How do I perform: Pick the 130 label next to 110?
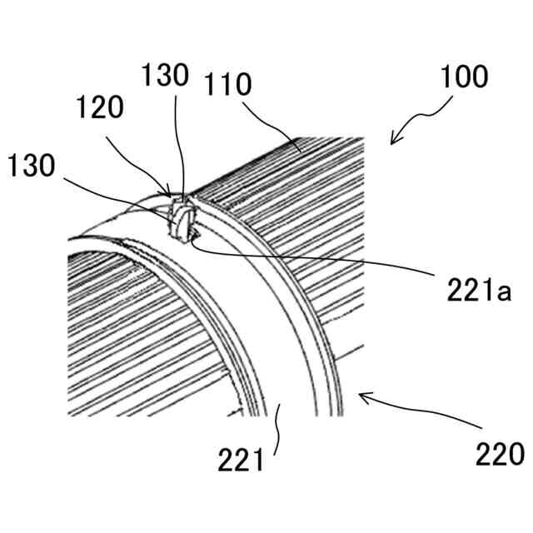click(x=164, y=77)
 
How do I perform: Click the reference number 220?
click(x=499, y=454)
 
